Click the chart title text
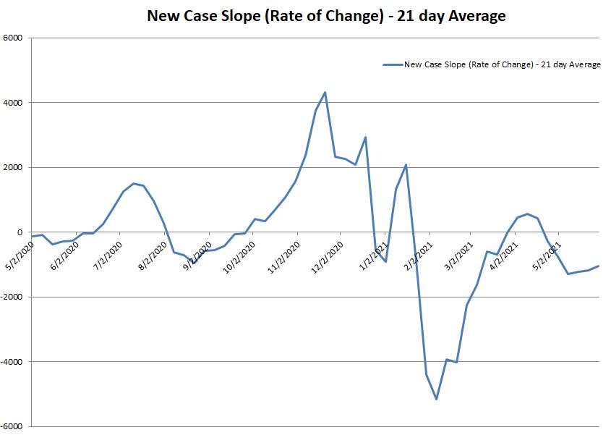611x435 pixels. [x=326, y=14]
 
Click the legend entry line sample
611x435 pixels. [x=392, y=64]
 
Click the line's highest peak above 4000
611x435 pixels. [x=325, y=92]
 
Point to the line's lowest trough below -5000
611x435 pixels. [x=437, y=399]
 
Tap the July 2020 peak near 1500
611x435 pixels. [x=133, y=183]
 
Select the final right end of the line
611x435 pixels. [x=599, y=266]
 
